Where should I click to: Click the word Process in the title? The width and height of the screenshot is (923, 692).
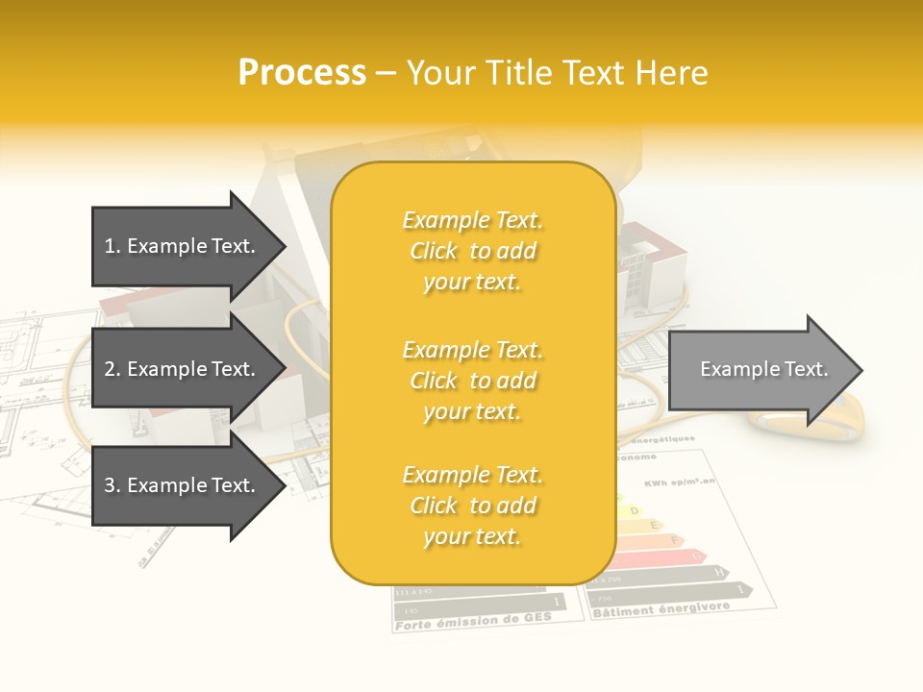click(x=302, y=73)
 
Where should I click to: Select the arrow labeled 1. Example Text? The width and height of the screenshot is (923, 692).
click(x=183, y=246)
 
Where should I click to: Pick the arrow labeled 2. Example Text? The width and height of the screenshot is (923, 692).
click(x=183, y=369)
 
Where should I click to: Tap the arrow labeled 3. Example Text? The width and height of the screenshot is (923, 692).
click(x=183, y=485)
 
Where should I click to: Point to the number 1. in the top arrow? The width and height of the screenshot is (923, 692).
click(x=112, y=246)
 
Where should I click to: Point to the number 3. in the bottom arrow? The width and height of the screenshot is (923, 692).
click(x=112, y=485)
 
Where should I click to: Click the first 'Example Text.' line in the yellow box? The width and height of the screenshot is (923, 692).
click(x=472, y=220)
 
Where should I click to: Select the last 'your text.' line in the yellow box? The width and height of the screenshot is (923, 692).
click(x=472, y=536)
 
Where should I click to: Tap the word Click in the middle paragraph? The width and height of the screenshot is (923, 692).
click(x=434, y=381)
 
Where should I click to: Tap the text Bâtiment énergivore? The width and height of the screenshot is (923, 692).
click(x=661, y=609)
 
